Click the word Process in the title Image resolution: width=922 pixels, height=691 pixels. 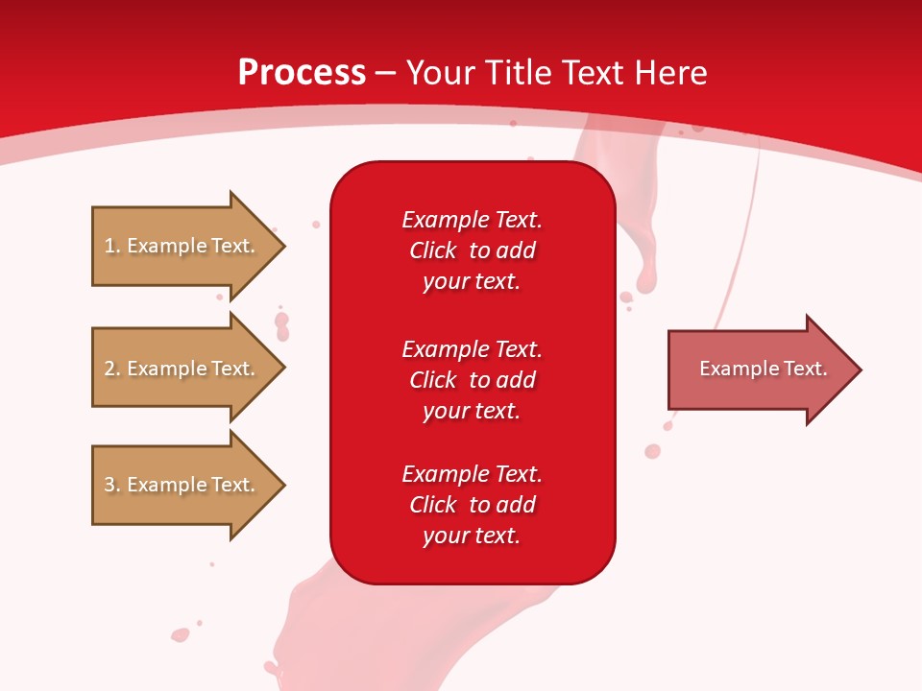[302, 73]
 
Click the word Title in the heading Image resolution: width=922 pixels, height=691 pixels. [522, 73]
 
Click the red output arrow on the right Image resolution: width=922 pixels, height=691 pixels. [759, 369]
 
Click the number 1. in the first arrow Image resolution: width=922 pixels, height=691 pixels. [111, 246]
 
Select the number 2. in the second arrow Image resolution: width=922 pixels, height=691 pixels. [111, 369]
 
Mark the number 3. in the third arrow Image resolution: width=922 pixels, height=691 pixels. [111, 485]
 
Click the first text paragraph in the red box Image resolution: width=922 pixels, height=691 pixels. [472, 250]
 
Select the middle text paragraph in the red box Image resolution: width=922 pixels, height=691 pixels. [472, 379]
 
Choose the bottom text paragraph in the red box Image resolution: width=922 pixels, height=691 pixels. [472, 505]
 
